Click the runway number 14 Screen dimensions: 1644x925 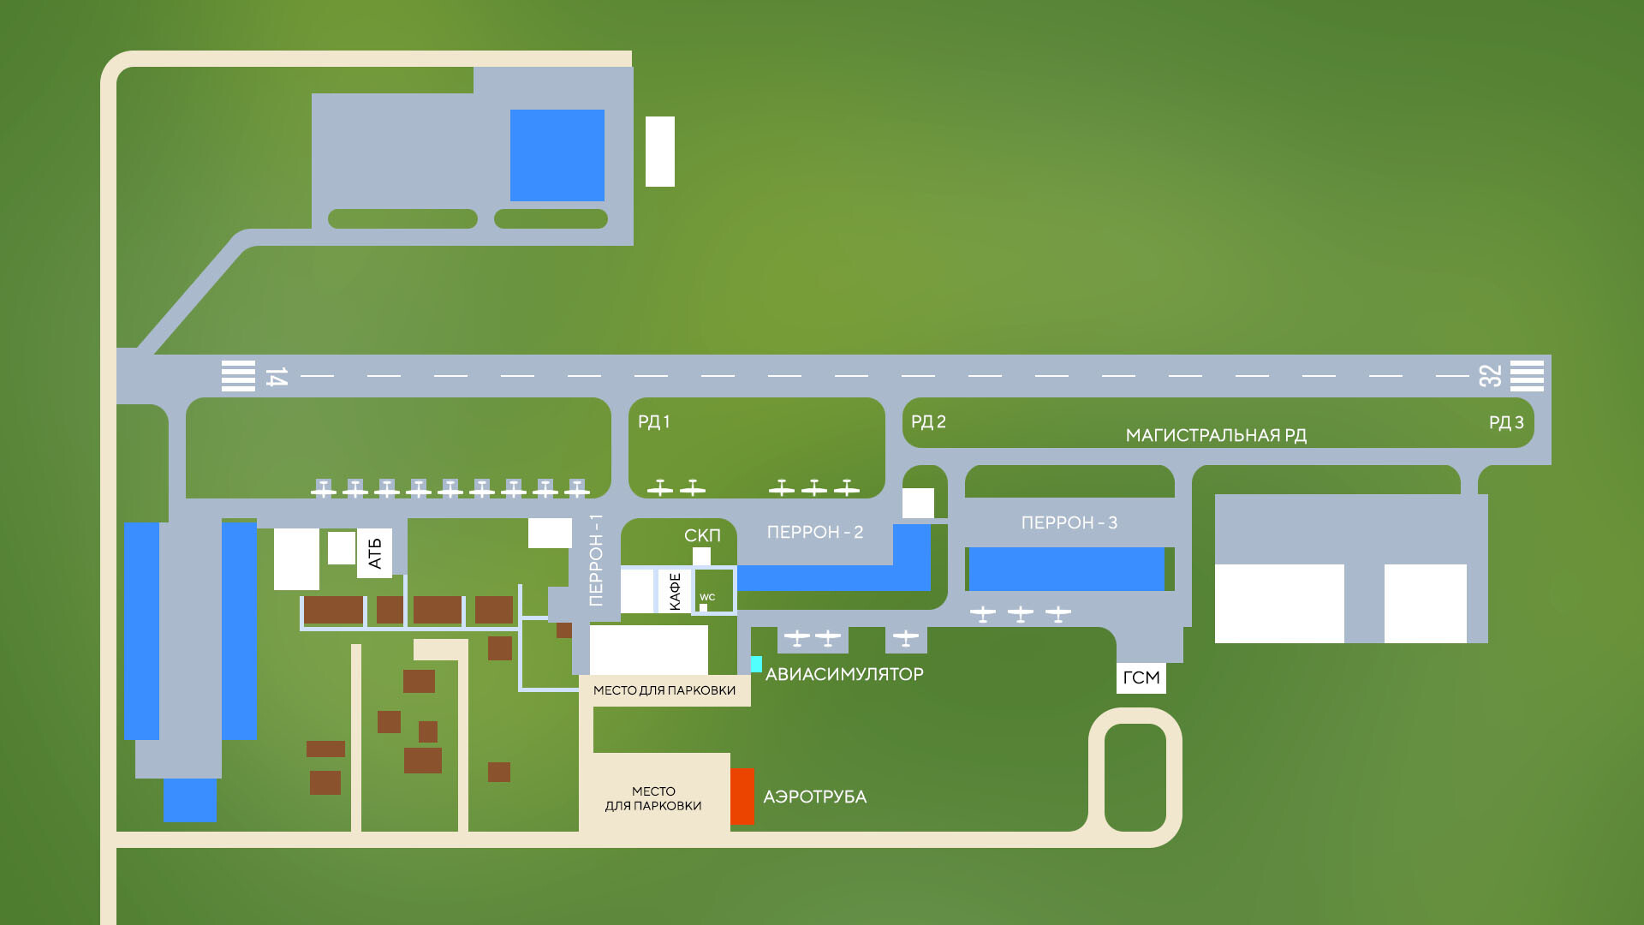tap(276, 377)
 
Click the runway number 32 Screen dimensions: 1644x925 tap(1490, 376)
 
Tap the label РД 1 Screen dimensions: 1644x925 tap(654, 421)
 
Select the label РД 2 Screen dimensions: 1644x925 tap(928, 421)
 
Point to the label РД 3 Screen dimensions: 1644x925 tap(1506, 422)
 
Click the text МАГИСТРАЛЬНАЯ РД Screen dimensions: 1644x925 tap(1216, 435)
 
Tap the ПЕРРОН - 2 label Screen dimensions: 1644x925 tap(815, 532)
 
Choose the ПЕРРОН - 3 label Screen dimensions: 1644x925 tap(1069, 522)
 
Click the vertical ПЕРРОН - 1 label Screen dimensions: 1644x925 tap(596, 560)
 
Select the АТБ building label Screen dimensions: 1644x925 tap(374, 553)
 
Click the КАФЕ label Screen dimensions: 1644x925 tap(675, 591)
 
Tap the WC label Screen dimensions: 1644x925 tap(707, 598)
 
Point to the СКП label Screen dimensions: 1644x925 tap(702, 535)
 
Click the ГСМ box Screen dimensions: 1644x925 tap(1141, 677)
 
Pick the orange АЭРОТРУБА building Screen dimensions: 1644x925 tap(742, 797)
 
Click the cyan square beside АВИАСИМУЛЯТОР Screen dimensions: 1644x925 tap(756, 664)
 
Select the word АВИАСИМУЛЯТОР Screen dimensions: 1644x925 tap(844, 674)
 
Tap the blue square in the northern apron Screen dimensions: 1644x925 tap(557, 155)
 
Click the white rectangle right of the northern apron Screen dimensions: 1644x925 tap(660, 152)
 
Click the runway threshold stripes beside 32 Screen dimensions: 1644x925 tap(1527, 376)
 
